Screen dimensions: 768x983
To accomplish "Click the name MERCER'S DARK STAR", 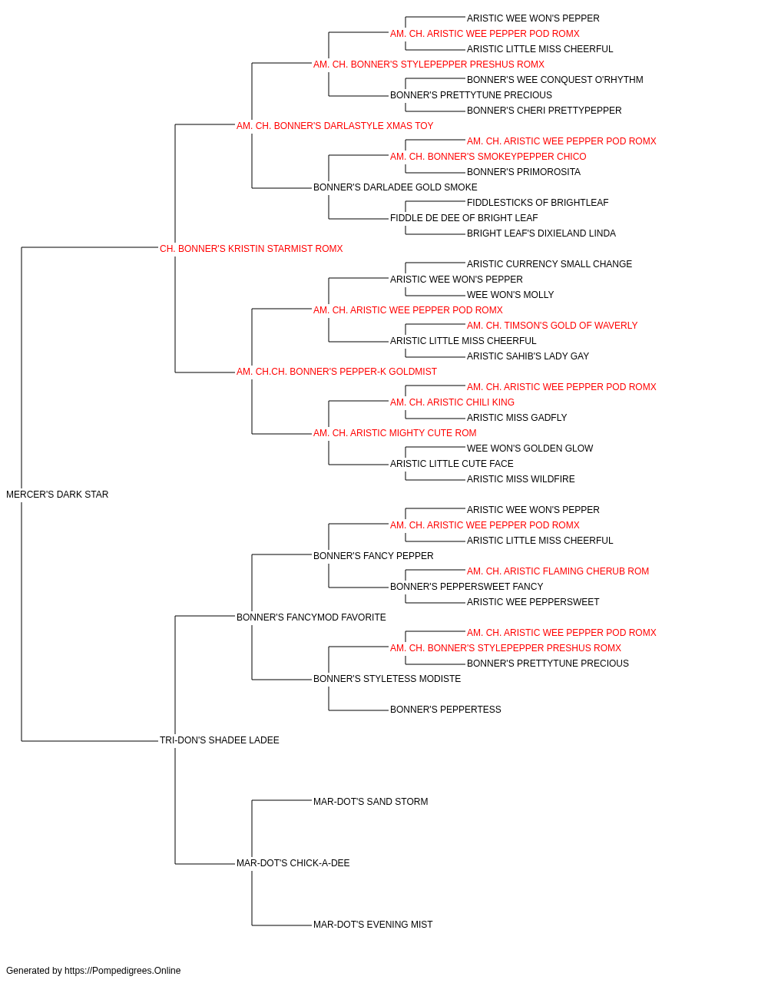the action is [x=57, y=495].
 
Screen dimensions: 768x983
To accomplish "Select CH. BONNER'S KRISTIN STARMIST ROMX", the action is [x=251, y=249].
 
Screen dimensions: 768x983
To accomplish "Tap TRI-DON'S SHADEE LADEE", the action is [x=220, y=740].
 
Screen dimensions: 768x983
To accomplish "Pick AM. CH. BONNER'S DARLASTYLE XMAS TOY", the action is [x=335, y=126].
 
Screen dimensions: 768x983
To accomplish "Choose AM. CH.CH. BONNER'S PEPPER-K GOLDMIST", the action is [x=336, y=372].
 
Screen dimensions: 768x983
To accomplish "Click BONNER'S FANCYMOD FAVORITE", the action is [x=311, y=617].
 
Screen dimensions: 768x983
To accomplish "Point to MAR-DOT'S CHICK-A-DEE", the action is [x=293, y=862].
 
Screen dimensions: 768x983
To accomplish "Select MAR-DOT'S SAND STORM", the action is [x=370, y=802].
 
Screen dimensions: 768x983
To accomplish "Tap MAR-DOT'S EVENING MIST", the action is [x=372, y=924].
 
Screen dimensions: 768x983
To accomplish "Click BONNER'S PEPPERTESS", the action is [x=445, y=710].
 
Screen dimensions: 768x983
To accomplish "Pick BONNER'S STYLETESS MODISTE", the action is [x=387, y=679].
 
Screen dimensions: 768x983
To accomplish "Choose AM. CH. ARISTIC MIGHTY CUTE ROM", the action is [x=395, y=433].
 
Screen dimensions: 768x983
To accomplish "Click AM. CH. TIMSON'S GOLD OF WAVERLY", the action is [x=551, y=326].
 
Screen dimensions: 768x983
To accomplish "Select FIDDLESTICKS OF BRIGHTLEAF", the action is [x=538, y=203].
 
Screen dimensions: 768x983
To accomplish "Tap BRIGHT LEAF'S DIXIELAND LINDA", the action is [x=541, y=233].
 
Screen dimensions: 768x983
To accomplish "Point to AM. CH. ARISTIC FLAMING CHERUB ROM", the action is [x=558, y=571].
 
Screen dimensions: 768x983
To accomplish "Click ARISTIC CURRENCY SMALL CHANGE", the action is [x=549, y=263].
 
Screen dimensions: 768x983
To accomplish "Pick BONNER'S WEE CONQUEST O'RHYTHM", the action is [x=555, y=80].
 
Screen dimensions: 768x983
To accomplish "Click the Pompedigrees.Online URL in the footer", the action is [x=123, y=971].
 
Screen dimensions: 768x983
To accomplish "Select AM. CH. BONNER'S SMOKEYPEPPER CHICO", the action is [x=488, y=157].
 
